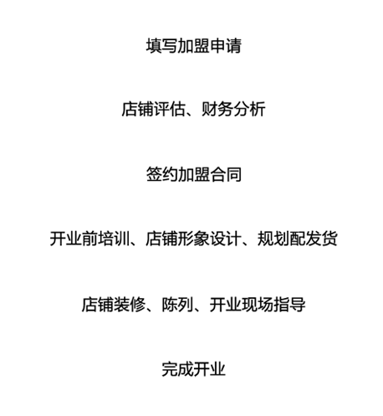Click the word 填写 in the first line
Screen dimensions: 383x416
pos(161,46)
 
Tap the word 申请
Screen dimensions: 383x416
pos(226,46)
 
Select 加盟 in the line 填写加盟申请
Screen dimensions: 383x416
pos(194,46)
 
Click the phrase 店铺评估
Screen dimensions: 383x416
pos(154,109)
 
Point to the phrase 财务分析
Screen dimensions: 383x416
pos(233,109)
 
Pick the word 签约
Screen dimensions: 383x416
pos(162,174)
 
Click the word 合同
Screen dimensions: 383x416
pos(226,174)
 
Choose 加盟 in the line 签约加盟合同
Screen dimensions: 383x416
pos(194,174)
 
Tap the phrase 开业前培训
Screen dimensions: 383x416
pos(89,239)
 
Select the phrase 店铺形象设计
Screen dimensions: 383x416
pos(193,239)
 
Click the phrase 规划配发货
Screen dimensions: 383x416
pos(298,239)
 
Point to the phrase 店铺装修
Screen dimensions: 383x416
pos(114,304)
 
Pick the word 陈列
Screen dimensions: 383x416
pos(177,304)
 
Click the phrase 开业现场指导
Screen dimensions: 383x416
pos(258,304)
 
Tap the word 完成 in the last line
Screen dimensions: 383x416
pos(178,369)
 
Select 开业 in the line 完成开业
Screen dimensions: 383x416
pos(210,369)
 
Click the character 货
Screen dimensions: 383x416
pos(329,239)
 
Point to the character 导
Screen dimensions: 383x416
pos(298,304)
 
